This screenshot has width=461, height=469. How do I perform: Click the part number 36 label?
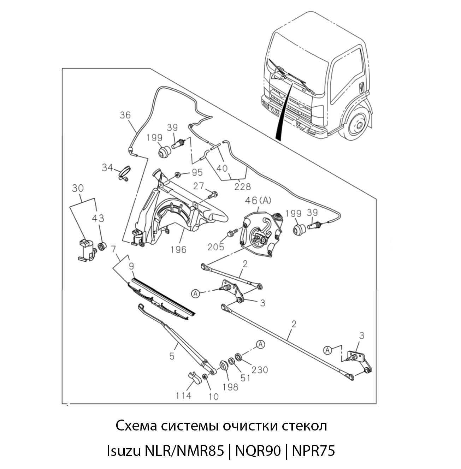[125, 115]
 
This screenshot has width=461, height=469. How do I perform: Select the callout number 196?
[178, 250]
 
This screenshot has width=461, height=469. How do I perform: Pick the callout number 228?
[243, 186]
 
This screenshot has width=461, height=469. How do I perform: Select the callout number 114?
[183, 396]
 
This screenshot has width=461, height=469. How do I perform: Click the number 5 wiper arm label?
[172, 356]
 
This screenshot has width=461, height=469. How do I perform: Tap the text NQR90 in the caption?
[258, 451]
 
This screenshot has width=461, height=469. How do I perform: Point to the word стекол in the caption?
[304, 426]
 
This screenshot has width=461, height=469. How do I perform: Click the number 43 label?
[98, 219]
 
